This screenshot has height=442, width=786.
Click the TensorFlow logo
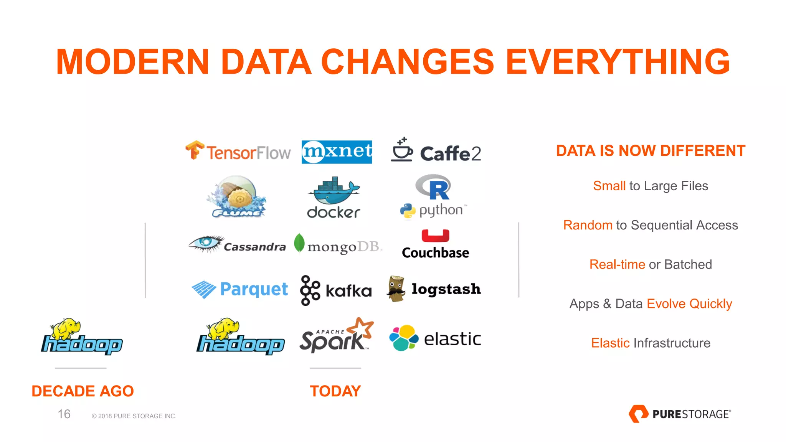click(x=238, y=152)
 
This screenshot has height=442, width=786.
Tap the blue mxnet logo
click(x=337, y=152)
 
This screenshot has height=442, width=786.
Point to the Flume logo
click(x=237, y=197)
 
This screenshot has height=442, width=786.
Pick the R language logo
click(x=434, y=187)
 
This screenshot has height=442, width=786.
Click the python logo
click(x=433, y=211)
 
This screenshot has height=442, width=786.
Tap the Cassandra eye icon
click(x=206, y=243)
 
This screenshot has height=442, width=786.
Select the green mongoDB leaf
click(x=299, y=243)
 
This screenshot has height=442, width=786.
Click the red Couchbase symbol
click(x=435, y=236)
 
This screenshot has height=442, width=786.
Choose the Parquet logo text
click(x=254, y=289)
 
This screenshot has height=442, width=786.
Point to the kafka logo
click(x=336, y=290)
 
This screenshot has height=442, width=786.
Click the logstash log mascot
click(x=396, y=289)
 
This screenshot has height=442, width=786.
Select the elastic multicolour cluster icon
click(x=403, y=338)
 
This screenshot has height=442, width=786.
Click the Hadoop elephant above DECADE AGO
click(x=66, y=328)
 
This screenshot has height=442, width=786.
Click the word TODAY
click(x=335, y=391)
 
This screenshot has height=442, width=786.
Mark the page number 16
click(x=64, y=414)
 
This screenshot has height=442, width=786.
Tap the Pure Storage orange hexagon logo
click(x=638, y=414)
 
